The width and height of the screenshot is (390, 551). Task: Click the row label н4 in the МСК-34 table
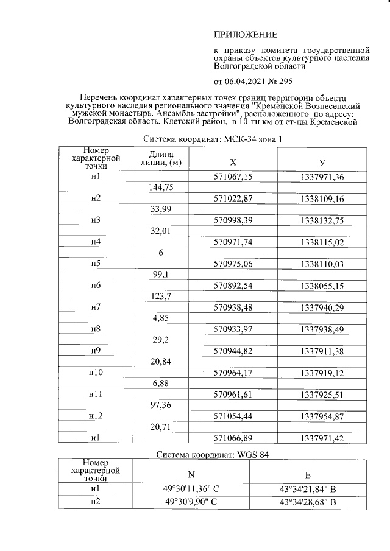[x=96, y=242]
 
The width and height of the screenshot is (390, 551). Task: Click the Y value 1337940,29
[x=322, y=307]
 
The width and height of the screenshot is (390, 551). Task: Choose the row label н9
[x=96, y=351]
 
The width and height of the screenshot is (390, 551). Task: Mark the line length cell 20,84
[x=161, y=362]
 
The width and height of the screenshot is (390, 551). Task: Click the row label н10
[x=96, y=373]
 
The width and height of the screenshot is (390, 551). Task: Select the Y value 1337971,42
[x=322, y=438]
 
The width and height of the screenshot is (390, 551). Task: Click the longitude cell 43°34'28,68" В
[x=308, y=502]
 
